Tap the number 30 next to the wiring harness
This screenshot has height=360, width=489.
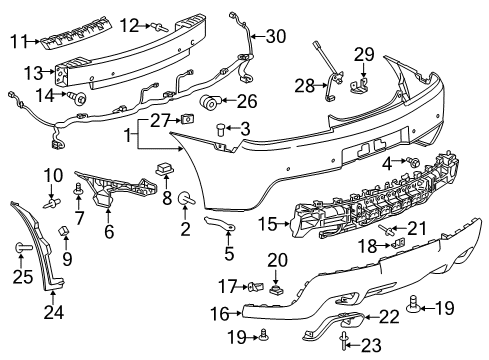(x=274, y=37)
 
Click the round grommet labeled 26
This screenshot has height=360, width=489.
(x=211, y=102)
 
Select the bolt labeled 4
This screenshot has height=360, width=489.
(x=411, y=160)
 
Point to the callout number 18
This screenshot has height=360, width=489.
(x=366, y=246)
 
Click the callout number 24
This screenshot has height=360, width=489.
(x=51, y=312)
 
